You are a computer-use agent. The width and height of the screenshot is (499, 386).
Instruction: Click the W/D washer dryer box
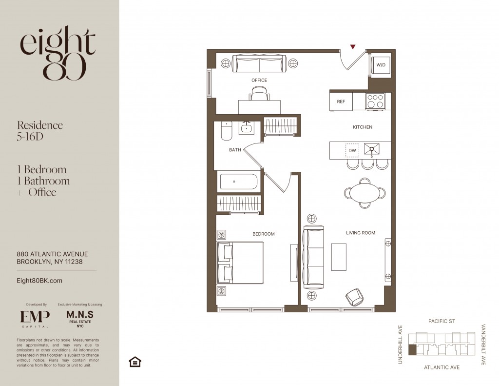[381, 65]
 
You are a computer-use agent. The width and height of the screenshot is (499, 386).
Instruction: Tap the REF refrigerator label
[341, 102]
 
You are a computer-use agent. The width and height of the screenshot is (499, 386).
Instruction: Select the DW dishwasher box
[352, 150]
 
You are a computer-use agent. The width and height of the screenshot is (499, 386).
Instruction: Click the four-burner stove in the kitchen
[375, 102]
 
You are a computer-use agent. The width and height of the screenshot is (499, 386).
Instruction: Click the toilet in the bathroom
[227, 131]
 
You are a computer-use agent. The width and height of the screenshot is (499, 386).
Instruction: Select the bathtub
[238, 182]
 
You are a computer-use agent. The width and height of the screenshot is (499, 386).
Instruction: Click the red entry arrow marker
[353, 47]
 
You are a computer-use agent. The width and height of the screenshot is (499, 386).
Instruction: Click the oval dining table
[365, 193]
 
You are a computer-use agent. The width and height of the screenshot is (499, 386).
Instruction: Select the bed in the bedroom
[240, 263]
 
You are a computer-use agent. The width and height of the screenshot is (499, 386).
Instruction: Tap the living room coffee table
[339, 257]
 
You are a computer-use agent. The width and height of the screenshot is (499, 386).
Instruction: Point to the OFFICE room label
[259, 81]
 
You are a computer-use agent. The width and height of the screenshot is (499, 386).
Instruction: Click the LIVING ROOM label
[361, 233]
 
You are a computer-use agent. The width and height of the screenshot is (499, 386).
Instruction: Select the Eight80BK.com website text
[39, 281]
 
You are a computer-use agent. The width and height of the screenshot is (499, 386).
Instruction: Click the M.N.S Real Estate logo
[80, 319]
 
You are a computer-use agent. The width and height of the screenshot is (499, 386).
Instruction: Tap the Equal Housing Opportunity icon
[135, 362]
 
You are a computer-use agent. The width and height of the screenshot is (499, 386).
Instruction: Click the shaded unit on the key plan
[412, 350]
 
